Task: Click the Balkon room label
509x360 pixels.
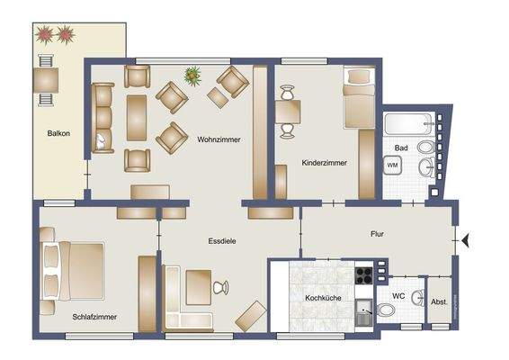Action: tap(58, 133)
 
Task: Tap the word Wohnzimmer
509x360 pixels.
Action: tap(218, 139)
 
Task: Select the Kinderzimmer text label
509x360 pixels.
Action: tap(324, 163)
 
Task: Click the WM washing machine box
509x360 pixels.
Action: tap(393, 166)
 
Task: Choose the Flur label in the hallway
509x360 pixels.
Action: tap(377, 233)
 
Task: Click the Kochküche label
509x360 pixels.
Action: tap(321, 296)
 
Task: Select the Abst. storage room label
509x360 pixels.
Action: tap(440, 303)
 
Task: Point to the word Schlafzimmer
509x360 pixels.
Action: tap(95, 316)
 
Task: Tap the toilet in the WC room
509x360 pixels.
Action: tap(386, 310)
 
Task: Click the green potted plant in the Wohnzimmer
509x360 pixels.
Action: tap(192, 76)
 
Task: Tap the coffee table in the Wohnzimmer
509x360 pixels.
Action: tap(137, 117)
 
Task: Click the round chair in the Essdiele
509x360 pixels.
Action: tap(220, 287)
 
